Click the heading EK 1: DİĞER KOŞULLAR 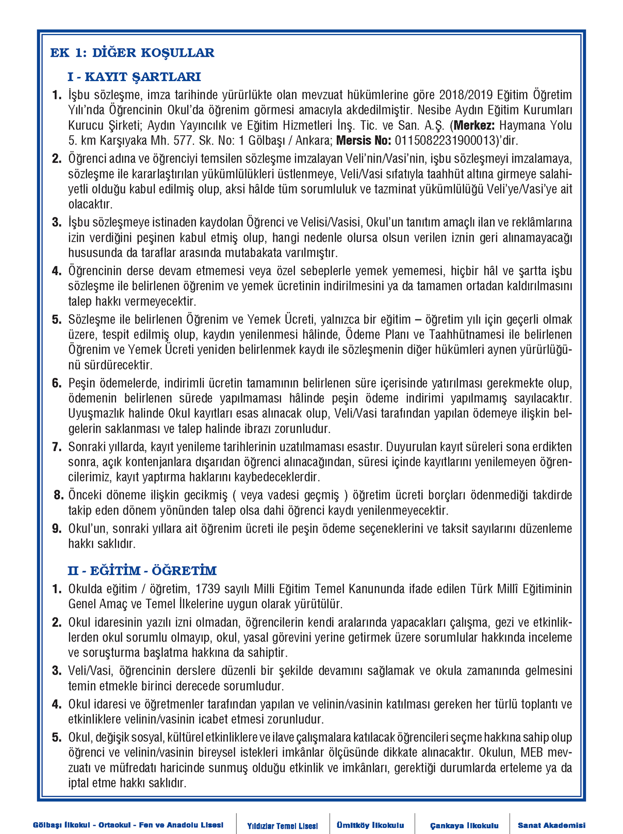click(x=132, y=53)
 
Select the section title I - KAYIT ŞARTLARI click(x=134, y=77)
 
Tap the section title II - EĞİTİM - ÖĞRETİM click(x=142, y=571)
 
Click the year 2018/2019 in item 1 click(x=466, y=95)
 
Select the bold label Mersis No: click(x=364, y=140)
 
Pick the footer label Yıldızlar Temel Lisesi click(x=282, y=826)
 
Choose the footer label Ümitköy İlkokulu click(x=370, y=825)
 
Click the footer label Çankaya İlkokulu click(x=464, y=825)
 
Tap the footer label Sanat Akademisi click(x=551, y=825)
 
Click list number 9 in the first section click(x=57, y=528)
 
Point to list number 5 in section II click(x=57, y=737)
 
